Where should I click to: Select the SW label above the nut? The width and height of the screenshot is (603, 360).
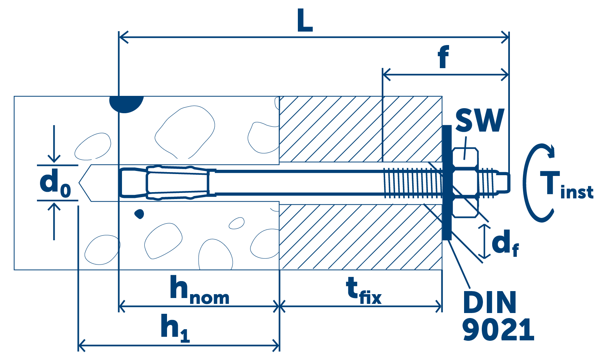479,120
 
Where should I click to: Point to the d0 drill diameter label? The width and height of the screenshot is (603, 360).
55,183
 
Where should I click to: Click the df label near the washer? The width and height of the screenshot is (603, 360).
504,243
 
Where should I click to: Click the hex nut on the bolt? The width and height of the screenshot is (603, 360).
465,183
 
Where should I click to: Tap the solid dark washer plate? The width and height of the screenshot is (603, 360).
446,183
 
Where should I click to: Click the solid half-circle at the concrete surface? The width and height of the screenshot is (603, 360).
126,102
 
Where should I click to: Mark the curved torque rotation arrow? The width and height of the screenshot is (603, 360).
533,183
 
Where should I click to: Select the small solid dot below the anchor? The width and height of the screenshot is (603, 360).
139,213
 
